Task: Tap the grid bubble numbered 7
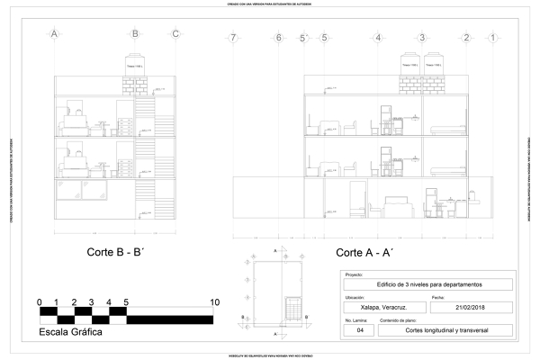pos(233,38)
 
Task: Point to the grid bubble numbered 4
pos(378,38)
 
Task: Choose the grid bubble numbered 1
pos(492,38)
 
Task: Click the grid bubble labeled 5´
pos(303,38)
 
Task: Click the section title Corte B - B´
pos(118,252)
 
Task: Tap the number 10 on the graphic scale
pos(213,301)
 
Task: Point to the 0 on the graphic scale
pos(40,301)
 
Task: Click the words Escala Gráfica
pos(70,332)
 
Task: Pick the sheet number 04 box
pos(359,330)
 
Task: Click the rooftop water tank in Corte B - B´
pos(135,66)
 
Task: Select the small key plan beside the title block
pos(276,292)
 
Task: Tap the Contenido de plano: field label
pos(400,319)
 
